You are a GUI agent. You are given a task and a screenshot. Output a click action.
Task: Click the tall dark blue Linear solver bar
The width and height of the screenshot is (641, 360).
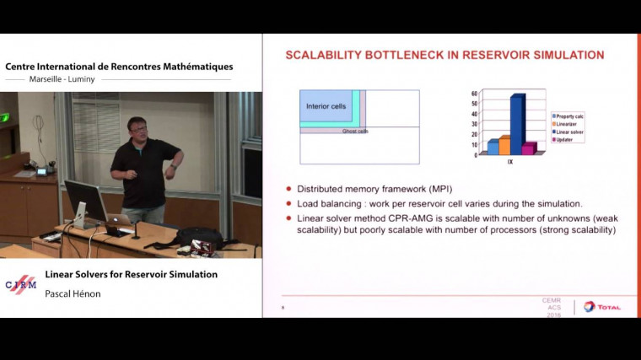point(516,124)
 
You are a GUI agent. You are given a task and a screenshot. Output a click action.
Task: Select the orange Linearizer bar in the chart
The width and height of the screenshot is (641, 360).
point(504,145)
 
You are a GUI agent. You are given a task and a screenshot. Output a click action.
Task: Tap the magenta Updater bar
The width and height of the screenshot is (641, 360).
point(529,148)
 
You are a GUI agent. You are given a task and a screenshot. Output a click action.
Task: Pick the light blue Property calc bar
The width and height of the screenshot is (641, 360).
point(493,147)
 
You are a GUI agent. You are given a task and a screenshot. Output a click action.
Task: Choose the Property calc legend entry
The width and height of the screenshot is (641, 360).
point(570,115)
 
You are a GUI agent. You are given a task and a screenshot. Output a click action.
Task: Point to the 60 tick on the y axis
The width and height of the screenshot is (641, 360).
point(474,94)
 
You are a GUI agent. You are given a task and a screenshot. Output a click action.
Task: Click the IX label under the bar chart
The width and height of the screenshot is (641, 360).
point(510,161)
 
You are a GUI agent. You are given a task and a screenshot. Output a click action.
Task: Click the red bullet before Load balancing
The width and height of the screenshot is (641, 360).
point(289,204)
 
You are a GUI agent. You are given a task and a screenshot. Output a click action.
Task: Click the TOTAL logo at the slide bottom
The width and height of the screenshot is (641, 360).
point(601,306)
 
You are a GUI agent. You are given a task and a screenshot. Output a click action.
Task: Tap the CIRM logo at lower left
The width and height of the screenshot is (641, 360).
point(21,285)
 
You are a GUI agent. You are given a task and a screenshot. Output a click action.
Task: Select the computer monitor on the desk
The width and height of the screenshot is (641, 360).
point(85,201)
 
